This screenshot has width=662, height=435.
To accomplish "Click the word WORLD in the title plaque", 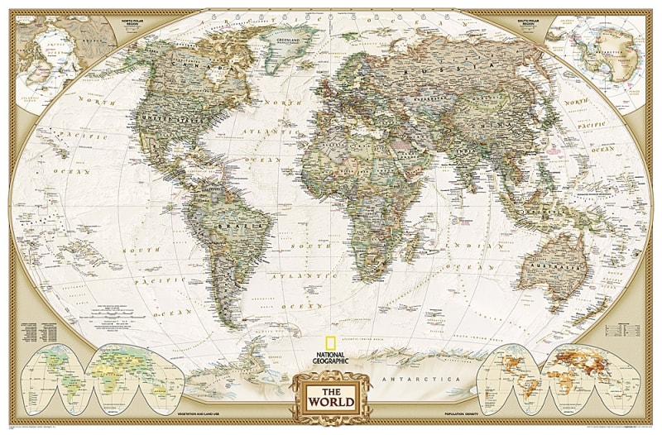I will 331,403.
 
